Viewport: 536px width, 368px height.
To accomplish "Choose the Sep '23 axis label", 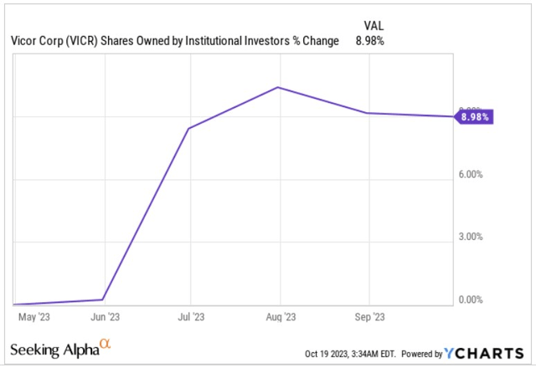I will tap(369, 317).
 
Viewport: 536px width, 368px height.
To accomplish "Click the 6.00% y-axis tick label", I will tap(472, 175).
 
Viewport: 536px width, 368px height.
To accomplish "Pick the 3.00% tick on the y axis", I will tap(472, 237).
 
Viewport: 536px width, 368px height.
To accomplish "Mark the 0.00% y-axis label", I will tap(472, 299).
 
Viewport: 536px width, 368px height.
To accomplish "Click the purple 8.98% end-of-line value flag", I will tap(475, 116).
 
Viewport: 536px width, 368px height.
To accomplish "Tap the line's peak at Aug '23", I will tap(279, 87).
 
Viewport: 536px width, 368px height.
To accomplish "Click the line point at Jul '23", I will tap(190, 129).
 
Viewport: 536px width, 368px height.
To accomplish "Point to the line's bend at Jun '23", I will tap(103, 299).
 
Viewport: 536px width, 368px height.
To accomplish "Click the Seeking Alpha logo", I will tap(59, 347).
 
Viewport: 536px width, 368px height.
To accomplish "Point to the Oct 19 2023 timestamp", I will tap(338, 354).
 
